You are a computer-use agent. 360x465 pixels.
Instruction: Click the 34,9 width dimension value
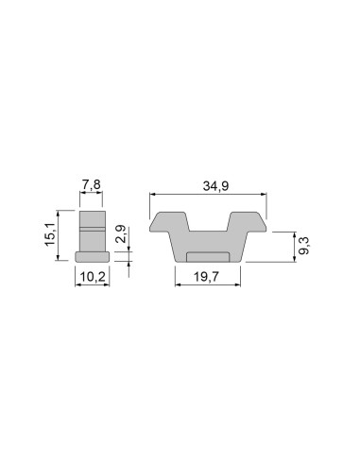pyautogui.click(x=208, y=185)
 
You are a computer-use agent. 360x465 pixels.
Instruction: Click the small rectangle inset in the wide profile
pyautogui.click(x=209, y=256)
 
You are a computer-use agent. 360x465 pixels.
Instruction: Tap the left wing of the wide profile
pyautogui.click(x=168, y=223)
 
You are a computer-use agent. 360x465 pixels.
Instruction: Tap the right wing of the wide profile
pyautogui.click(x=249, y=223)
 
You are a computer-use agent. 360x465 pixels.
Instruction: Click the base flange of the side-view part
pyautogui.click(x=92, y=255)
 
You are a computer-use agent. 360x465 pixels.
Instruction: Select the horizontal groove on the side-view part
pyautogui.click(x=92, y=229)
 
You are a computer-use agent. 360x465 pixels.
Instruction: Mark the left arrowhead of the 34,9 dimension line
pyautogui.click(x=152, y=194)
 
